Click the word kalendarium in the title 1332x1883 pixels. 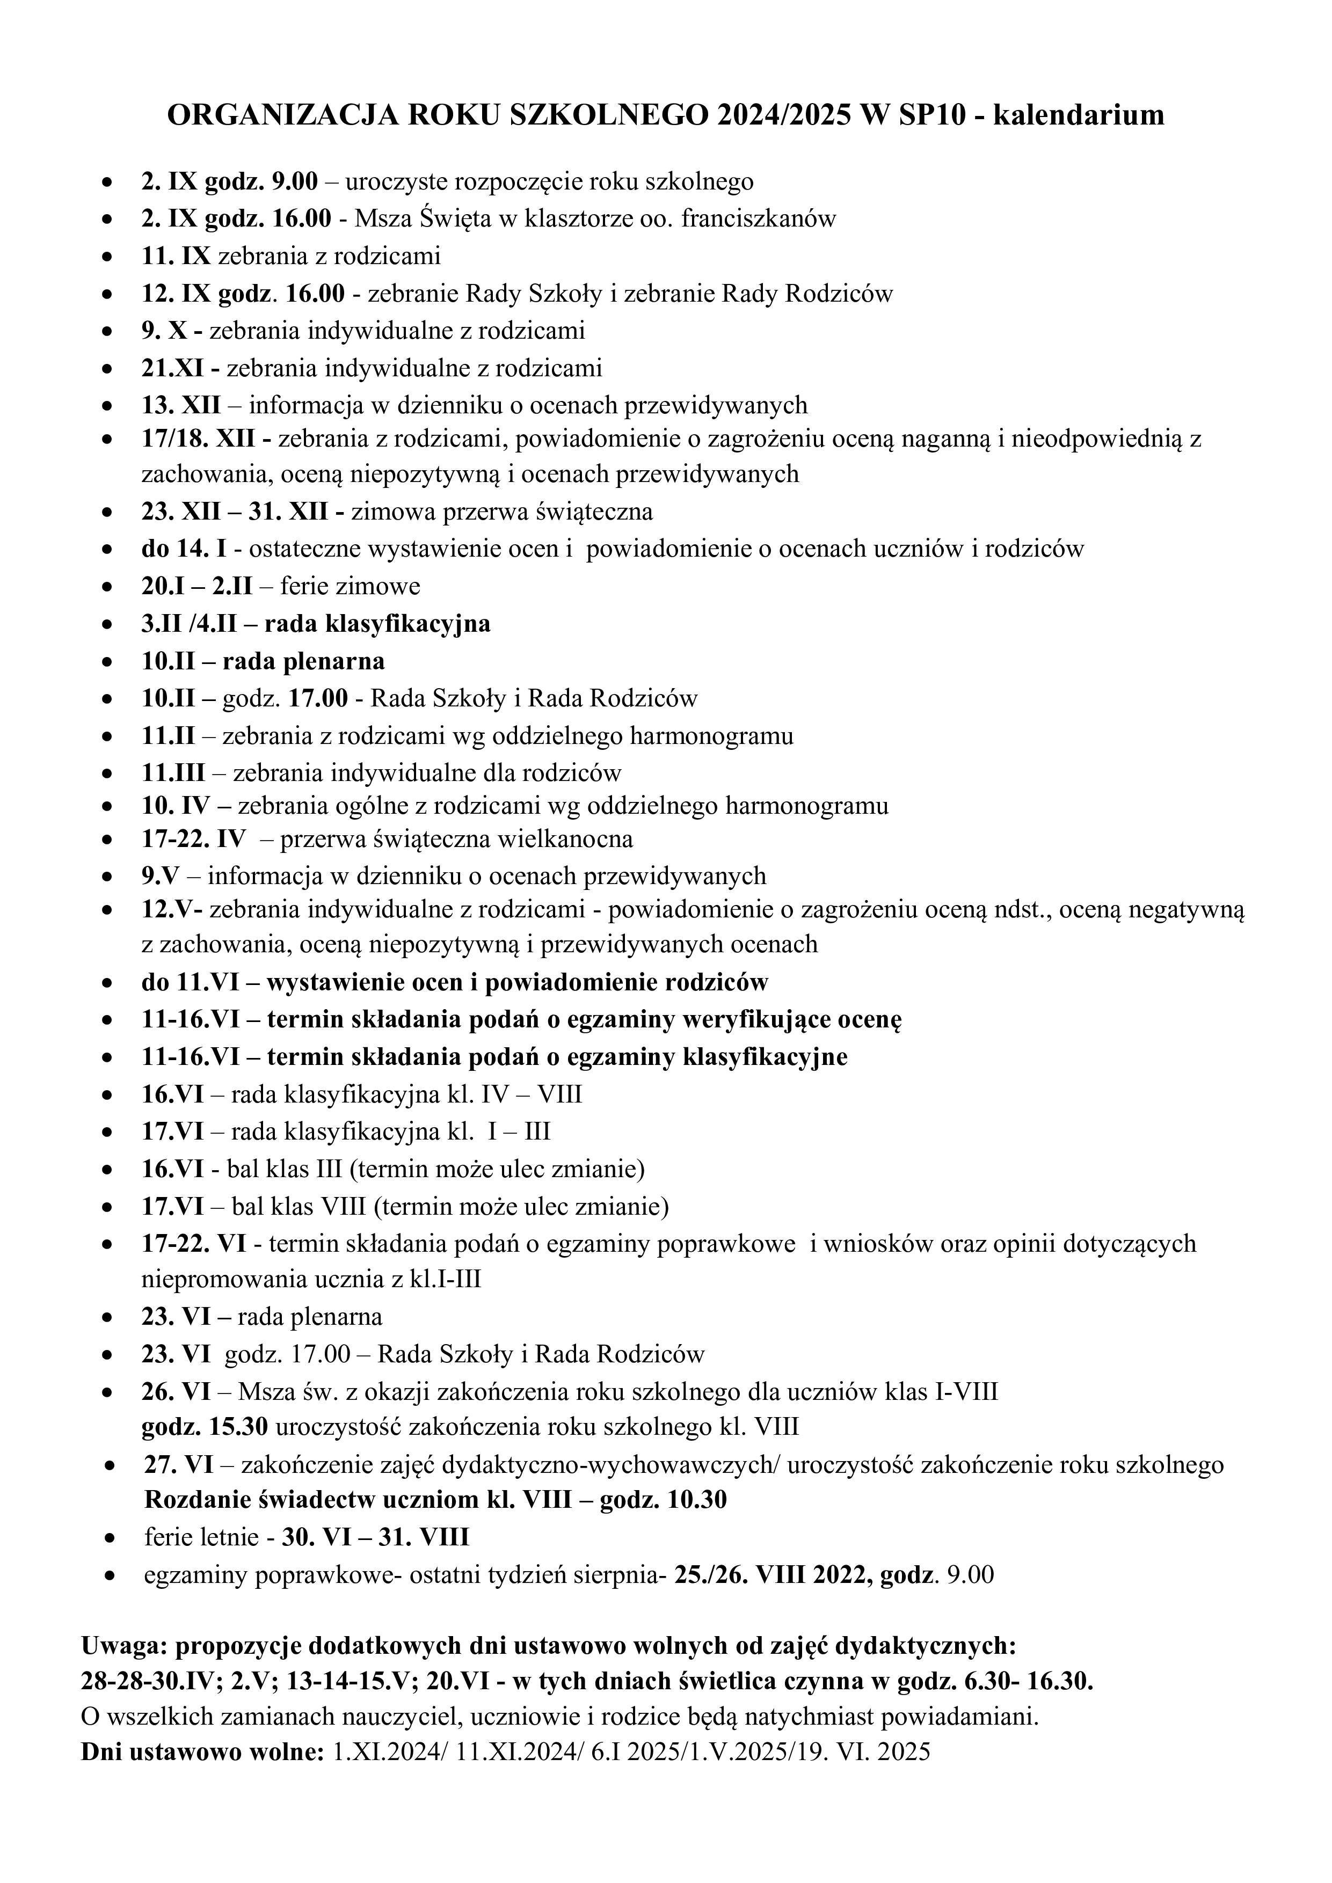[x=1079, y=115]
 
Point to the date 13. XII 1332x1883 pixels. [x=174, y=405]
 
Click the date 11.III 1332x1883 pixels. [x=174, y=772]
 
